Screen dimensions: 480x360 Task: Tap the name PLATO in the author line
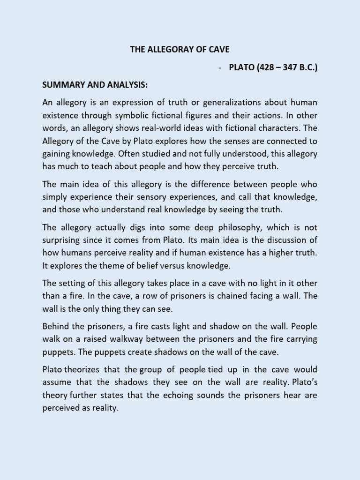point(243,67)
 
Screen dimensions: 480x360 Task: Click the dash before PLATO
point(219,67)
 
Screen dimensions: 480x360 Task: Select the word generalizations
point(209,103)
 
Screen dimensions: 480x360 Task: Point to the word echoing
point(180,396)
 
